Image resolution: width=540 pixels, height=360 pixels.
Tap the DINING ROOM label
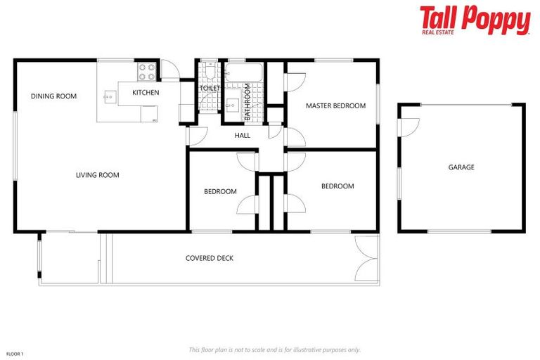pos(53,96)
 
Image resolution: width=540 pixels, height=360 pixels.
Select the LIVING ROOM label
pos(97,175)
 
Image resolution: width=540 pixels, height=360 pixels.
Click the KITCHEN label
pos(146,93)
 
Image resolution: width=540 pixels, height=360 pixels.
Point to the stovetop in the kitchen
pos(146,72)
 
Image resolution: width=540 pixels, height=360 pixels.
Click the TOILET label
pos(210,88)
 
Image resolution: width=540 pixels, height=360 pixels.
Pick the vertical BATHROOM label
pos(247,98)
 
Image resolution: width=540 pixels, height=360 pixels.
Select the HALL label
pos(243,136)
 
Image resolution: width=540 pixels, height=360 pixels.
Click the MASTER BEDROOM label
pos(335,106)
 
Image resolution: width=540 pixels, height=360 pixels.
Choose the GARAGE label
pos(461,167)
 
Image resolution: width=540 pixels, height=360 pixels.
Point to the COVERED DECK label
pos(210,258)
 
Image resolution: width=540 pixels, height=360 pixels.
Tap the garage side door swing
pos(408,127)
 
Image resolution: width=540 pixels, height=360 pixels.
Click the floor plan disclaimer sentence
pos(274,349)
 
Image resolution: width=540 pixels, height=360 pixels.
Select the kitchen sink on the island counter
pos(110,95)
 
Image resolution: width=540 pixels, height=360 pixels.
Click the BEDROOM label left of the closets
pos(220,191)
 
